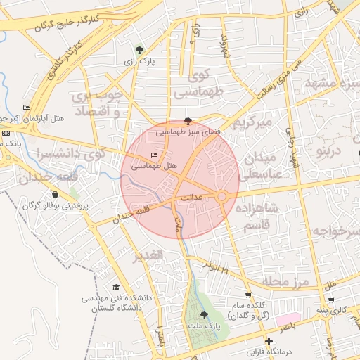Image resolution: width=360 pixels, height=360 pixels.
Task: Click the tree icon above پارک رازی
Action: point(139,50)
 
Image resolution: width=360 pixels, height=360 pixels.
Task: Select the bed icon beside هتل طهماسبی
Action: point(154,155)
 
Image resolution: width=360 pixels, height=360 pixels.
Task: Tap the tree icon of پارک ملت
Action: point(204,316)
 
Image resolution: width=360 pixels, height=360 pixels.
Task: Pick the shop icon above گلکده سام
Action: point(247,295)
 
